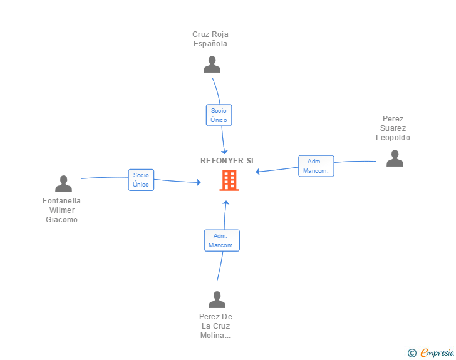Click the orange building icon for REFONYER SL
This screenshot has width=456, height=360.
pos(229,180)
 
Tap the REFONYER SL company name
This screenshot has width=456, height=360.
pos(228,161)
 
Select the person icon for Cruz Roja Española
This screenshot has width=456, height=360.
pos(212,64)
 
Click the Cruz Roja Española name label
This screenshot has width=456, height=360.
pos(210,39)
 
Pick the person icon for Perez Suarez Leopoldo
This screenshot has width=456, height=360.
pos(395,158)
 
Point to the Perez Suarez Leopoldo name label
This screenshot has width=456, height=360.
pos(393,128)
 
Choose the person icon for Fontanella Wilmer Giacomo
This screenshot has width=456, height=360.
pos(63,183)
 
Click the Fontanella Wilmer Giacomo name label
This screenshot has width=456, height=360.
pos(61,210)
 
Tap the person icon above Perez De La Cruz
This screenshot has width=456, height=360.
pos(217,299)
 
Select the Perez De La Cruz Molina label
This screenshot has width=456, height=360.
pos(215,326)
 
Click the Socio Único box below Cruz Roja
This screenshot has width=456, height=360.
pos(219,115)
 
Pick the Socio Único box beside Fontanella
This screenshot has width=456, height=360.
pos(141,180)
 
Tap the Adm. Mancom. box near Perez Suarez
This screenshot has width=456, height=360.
pos(316,166)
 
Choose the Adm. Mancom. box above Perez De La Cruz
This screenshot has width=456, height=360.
pos(222,240)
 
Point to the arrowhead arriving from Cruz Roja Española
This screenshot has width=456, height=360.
pos(224,152)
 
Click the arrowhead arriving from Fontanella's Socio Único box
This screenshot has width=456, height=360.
pos(199,182)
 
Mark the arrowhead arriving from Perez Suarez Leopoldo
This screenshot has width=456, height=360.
pos(257,172)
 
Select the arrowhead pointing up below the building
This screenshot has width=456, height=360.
pos(226,203)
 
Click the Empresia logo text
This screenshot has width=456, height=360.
pos(437,353)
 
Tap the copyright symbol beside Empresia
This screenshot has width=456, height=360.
pos(412,353)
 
